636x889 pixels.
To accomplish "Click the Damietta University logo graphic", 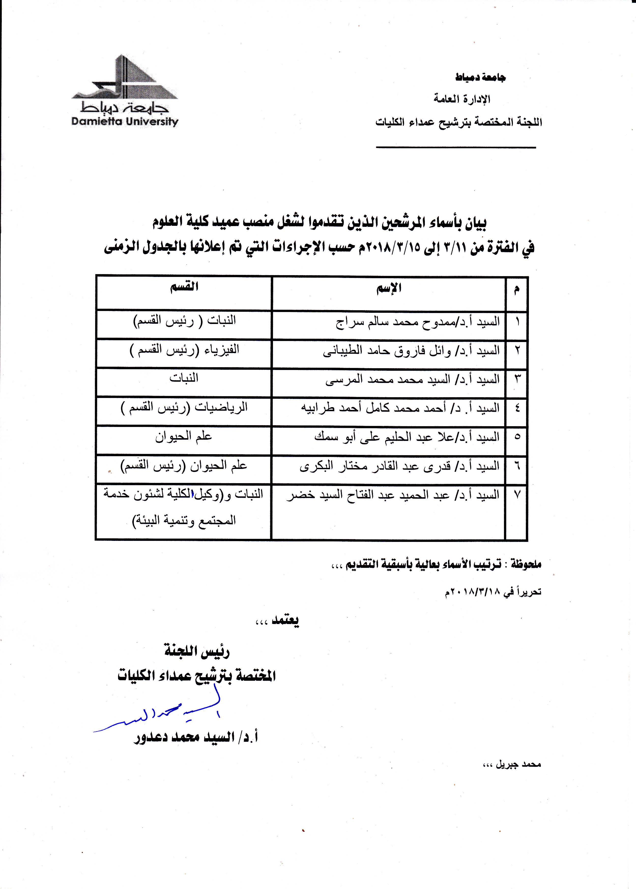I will pos(125,78).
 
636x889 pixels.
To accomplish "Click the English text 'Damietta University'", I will pos(125,121).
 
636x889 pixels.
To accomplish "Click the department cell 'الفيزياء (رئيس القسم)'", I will pos(184,350).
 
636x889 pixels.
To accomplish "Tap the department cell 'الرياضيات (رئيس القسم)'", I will pos(184,408).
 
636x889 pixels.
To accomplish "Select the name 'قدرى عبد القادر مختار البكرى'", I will pos(399,466).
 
